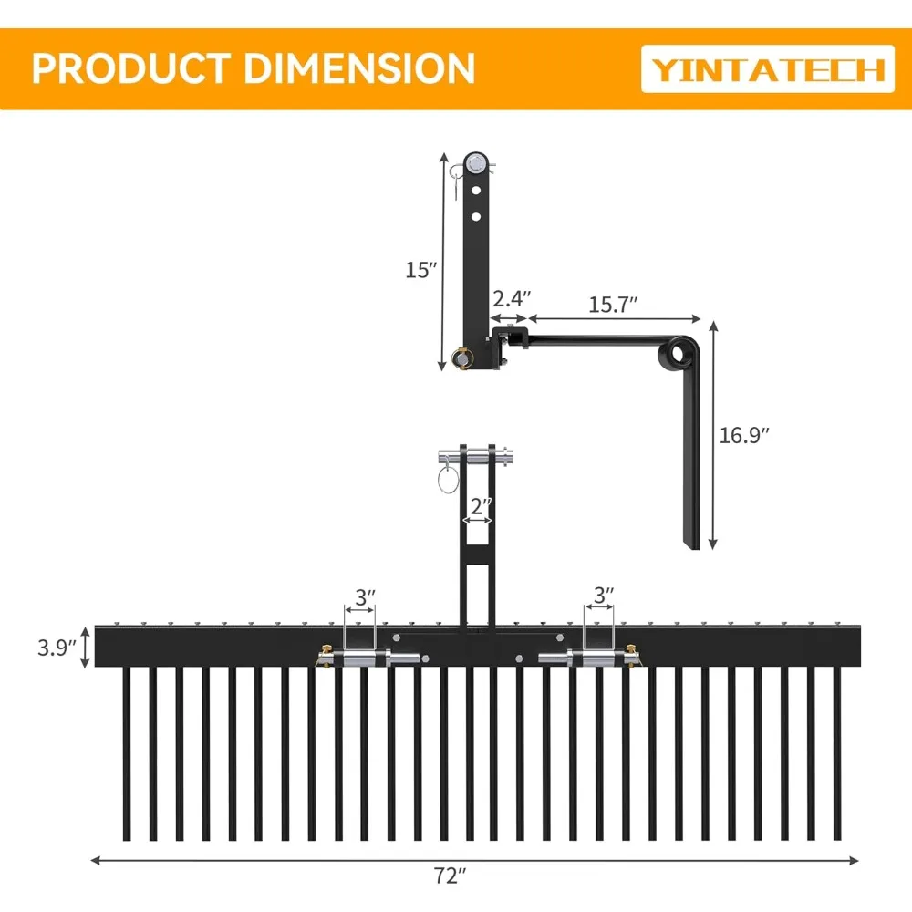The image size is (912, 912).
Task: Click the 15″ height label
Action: click(x=421, y=270)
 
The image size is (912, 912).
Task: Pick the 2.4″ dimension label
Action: click(x=511, y=298)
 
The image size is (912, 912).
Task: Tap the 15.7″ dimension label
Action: click(x=612, y=304)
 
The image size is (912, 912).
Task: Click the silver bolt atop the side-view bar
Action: click(x=474, y=164)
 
